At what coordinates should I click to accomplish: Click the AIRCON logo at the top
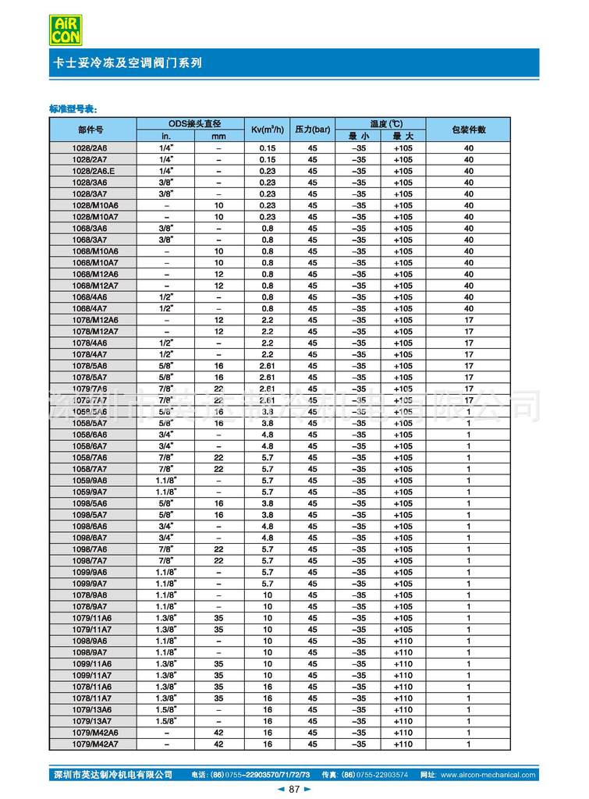click(x=67, y=29)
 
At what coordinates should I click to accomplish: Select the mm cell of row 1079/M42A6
click(x=218, y=733)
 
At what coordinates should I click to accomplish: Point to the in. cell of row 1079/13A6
click(x=165, y=710)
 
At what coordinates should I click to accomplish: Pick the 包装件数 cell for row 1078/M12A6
click(x=469, y=320)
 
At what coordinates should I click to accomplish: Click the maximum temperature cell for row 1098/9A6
click(x=403, y=641)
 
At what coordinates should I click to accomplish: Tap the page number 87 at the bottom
click(x=294, y=790)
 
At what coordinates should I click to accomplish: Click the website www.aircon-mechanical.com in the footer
click(x=488, y=775)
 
